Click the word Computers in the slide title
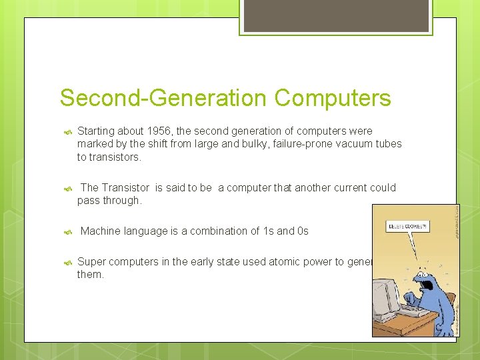332,98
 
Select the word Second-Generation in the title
163,98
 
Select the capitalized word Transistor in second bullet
126,188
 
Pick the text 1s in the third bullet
269,231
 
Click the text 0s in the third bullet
302,231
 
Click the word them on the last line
91,275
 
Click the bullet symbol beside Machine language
67,232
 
